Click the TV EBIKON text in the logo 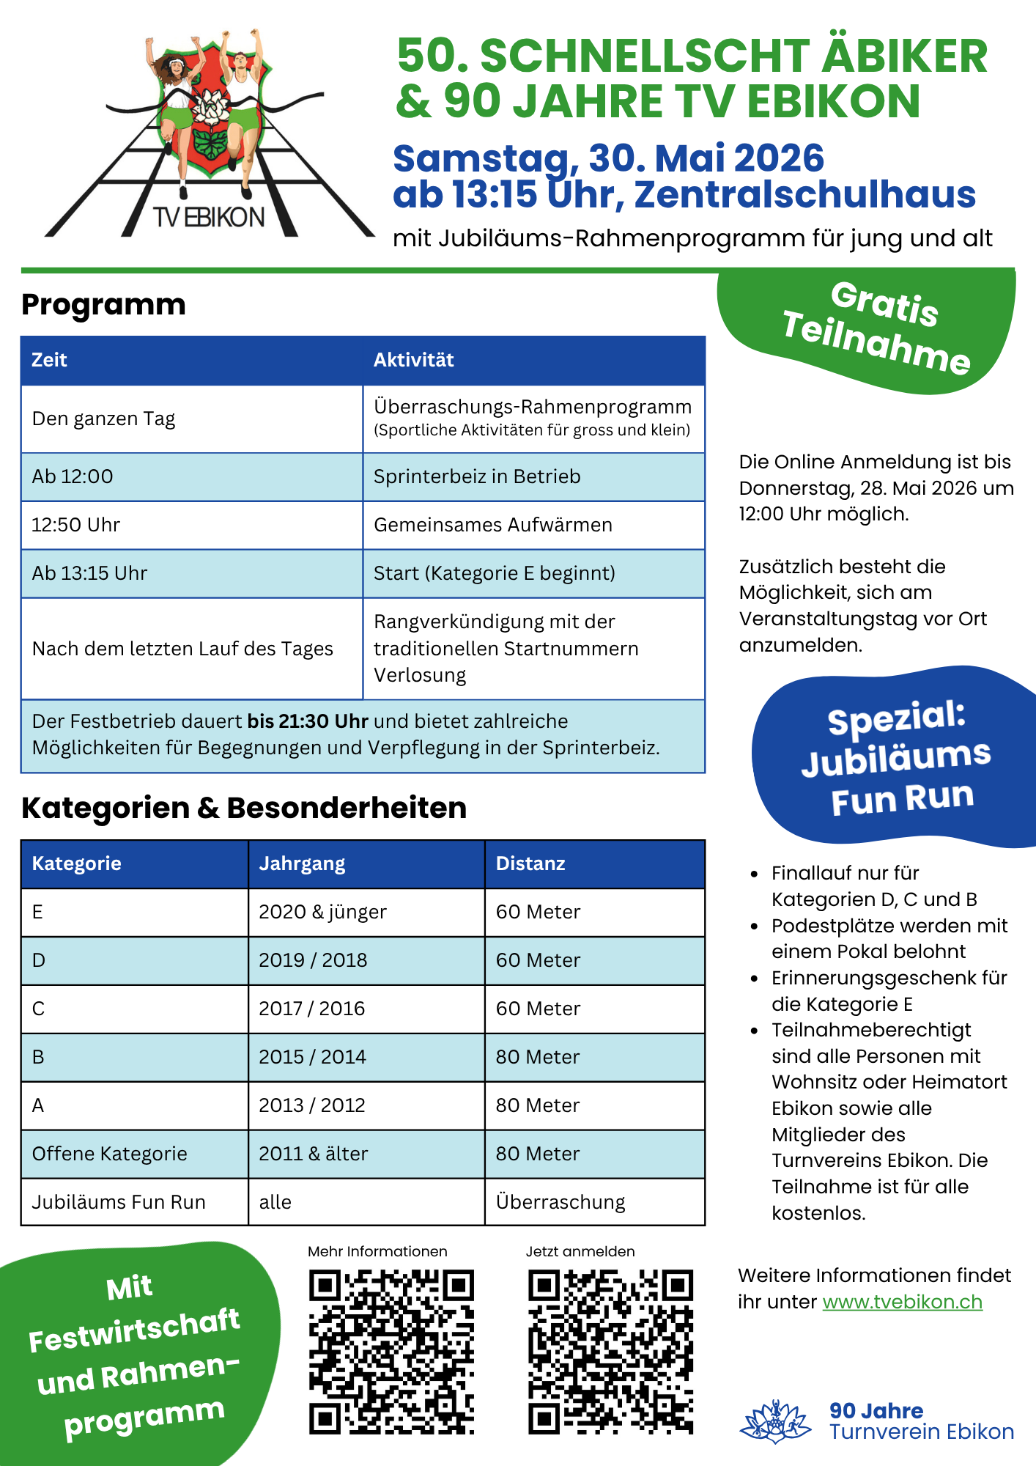[209, 218]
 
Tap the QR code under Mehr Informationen [391, 1351]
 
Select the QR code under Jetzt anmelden [610, 1351]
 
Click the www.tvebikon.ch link [902, 1302]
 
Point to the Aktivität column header [414, 360]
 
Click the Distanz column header [530, 863]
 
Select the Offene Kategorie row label [110, 1154]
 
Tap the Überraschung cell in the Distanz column [560, 1202]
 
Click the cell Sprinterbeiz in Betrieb [477, 476]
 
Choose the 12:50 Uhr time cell [76, 525]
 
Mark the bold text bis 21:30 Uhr [308, 721]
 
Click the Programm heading [103, 305]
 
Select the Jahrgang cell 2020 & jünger [322, 912]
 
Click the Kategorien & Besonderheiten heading [244, 808]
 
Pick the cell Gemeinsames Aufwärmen [493, 525]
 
